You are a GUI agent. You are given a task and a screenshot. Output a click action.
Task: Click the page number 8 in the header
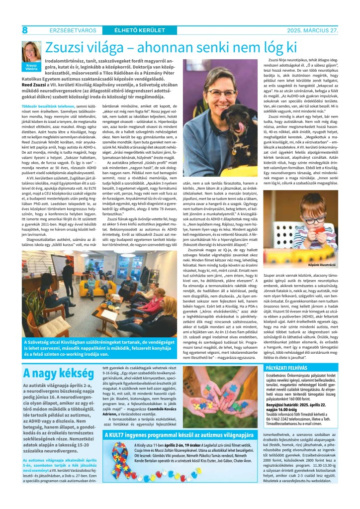pos(24,30)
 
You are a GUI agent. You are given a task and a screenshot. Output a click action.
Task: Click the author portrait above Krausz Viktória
pos(30,51)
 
